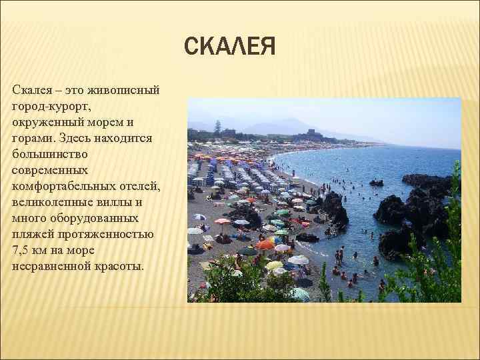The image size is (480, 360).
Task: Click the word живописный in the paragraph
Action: [x=121, y=90]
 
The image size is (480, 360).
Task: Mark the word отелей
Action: [x=139, y=186]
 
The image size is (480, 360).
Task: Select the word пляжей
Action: [x=34, y=234]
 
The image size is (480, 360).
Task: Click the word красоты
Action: [x=122, y=266]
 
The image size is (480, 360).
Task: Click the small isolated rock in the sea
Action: [x=377, y=182]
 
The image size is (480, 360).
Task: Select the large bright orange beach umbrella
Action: [x=265, y=245]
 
